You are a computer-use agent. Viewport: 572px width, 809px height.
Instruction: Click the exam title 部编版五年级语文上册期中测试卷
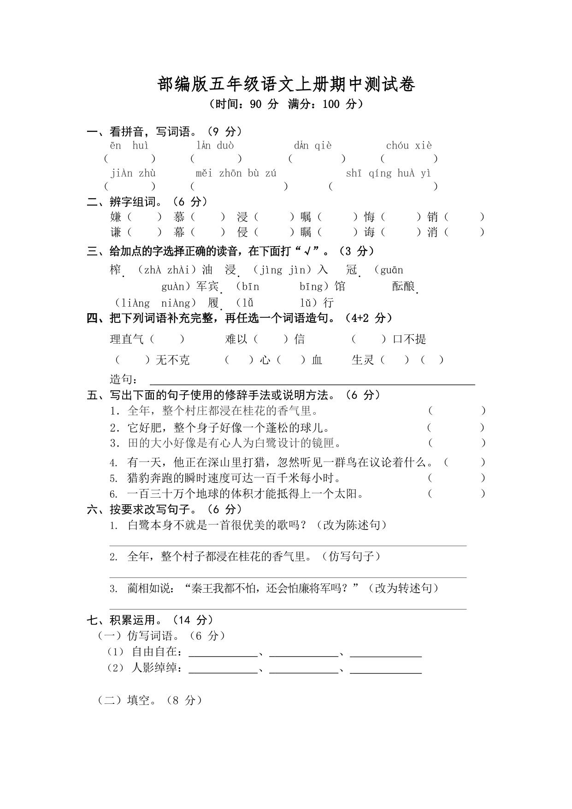point(286,84)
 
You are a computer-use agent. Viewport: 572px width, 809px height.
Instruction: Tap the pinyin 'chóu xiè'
point(409,146)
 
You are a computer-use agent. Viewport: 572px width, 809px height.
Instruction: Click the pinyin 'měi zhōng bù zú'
point(236,173)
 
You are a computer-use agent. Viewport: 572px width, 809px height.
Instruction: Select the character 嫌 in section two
point(116,217)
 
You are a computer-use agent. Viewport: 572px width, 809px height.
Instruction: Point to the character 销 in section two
point(432,217)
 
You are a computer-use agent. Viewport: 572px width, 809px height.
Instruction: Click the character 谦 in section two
point(116,232)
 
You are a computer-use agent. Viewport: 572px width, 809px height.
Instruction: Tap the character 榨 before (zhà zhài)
point(116,270)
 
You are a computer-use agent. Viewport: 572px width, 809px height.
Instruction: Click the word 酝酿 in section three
point(404,286)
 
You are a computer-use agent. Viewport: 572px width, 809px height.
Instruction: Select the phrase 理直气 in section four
point(127,339)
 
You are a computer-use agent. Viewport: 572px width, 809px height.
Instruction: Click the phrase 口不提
point(409,339)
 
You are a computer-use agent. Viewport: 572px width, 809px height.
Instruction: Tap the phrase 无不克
point(172,360)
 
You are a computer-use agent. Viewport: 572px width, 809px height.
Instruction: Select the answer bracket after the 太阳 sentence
point(456,494)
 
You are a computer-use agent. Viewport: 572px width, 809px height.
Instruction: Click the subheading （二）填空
point(150,700)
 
